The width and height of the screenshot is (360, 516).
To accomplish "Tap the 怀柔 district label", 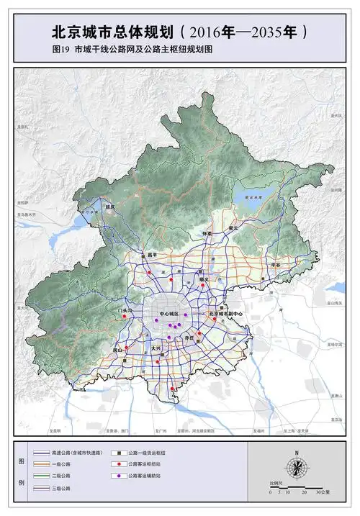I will click(x=208, y=234).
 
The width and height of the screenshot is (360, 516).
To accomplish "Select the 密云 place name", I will click(x=233, y=227).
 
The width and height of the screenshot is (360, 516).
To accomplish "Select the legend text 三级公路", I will click(x=63, y=488).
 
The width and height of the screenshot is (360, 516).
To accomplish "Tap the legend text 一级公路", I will click(x=63, y=464).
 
